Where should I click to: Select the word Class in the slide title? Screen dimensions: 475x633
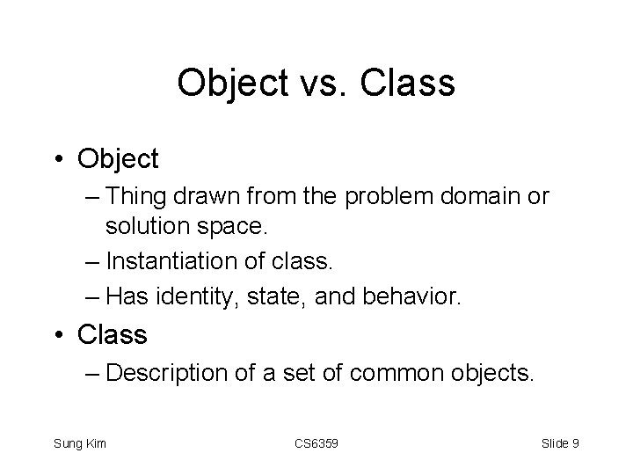(x=411, y=84)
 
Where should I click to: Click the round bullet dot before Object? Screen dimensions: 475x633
(x=60, y=160)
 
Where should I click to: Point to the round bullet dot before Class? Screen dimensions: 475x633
(x=60, y=335)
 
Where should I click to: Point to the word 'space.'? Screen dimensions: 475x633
(x=236, y=227)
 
